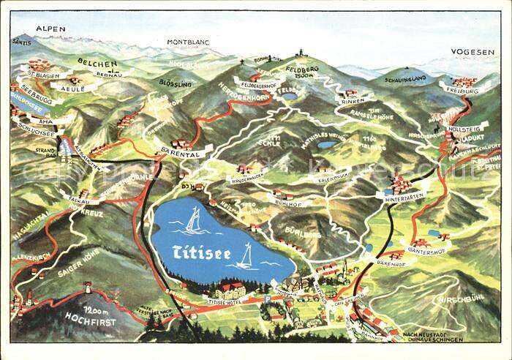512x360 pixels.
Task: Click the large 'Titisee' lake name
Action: click(201, 251)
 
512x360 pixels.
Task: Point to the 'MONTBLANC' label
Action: click(188, 42)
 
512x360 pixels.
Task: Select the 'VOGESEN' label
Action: click(472, 52)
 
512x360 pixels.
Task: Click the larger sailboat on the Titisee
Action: click(194, 221)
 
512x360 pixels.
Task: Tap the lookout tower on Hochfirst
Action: click(87, 288)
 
